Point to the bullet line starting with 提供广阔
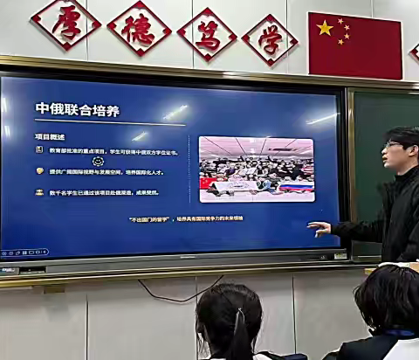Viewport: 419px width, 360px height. coord(105,171)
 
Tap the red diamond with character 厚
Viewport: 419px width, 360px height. coord(65,22)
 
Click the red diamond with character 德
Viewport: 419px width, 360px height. coord(139,28)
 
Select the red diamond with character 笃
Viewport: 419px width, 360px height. coord(207,33)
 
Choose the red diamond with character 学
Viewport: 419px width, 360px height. coord(270,38)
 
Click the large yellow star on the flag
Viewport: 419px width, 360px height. coord(325,29)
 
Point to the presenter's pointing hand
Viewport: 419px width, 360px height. coord(319,228)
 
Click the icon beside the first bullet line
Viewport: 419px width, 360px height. coord(39,150)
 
